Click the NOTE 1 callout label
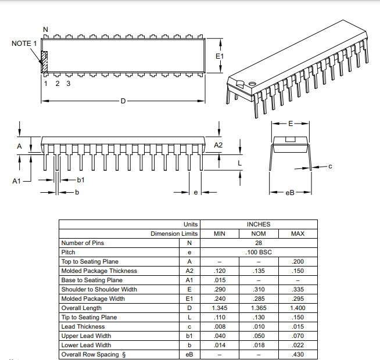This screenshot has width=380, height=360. [x=24, y=44]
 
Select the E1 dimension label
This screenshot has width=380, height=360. [x=219, y=56]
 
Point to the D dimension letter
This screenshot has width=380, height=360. [x=123, y=101]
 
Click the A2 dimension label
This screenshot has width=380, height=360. [x=218, y=145]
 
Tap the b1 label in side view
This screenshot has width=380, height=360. [x=81, y=180]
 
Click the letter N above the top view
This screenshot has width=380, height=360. [x=46, y=30]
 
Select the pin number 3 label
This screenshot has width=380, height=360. [x=68, y=84]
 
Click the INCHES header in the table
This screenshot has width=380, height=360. [x=258, y=224]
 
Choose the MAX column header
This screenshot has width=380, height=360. [x=297, y=233]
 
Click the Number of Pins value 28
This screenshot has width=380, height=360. [x=258, y=243]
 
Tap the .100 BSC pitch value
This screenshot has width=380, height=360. [x=258, y=252]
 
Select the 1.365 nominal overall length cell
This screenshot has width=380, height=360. [x=258, y=308]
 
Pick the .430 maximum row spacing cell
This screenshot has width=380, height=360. [x=297, y=354]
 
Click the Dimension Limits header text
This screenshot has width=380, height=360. [x=174, y=233]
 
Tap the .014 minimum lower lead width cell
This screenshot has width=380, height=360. [x=219, y=345]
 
